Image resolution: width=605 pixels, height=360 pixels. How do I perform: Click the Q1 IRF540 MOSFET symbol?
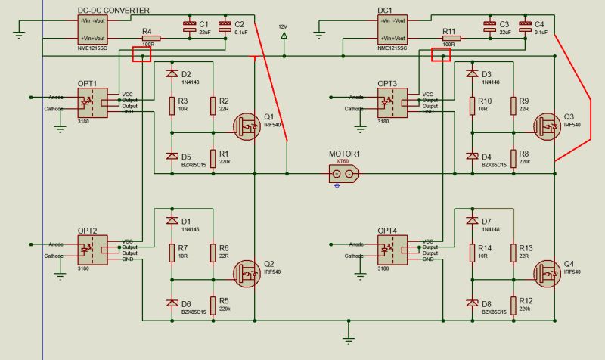[247, 126]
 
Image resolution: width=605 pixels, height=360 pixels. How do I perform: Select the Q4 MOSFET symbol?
[545, 272]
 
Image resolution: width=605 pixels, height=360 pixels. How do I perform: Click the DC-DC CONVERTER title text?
[113, 9]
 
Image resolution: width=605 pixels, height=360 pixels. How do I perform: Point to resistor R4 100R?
[148, 37]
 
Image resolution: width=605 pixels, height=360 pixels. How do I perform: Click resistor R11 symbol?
[449, 37]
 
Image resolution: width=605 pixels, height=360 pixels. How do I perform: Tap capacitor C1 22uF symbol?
[190, 29]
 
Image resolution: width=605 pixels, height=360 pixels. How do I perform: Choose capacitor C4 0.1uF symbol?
[526, 29]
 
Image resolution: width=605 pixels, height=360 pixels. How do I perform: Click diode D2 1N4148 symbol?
[172, 75]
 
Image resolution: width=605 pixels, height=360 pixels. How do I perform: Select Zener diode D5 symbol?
[172, 157]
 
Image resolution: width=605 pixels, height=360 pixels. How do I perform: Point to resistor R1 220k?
[213, 157]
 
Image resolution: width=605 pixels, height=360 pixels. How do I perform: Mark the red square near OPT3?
[440, 55]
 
